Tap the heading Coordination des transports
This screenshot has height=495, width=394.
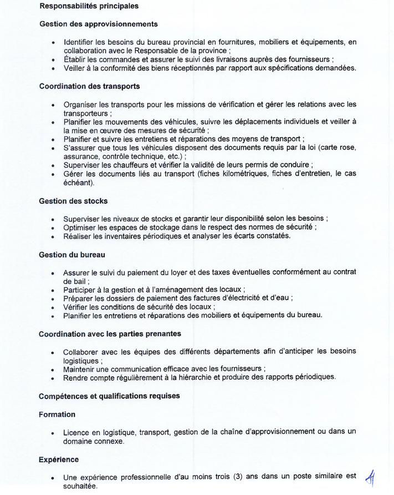(x=89, y=86)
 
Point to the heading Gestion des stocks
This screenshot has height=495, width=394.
(x=73, y=200)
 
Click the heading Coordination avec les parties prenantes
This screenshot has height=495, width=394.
(x=110, y=334)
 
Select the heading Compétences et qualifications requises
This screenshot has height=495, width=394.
(x=109, y=396)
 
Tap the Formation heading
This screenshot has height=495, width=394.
(x=57, y=414)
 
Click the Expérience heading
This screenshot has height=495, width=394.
(x=59, y=459)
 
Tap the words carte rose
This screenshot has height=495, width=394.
(x=340, y=148)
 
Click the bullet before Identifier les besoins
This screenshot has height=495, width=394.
(x=53, y=43)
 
